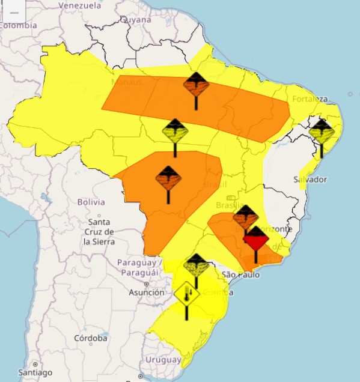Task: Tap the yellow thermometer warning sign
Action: [187, 294]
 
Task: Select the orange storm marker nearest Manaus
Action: [196, 85]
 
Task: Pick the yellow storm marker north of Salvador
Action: [322, 132]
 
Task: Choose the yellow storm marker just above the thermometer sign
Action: [196, 265]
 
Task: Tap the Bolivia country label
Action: [91, 202]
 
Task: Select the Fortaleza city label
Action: [311, 99]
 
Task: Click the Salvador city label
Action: [310, 180]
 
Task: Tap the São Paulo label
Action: [240, 274]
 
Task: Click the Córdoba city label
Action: [90, 338]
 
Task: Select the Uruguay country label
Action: [163, 360]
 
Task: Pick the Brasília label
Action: [228, 206]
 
